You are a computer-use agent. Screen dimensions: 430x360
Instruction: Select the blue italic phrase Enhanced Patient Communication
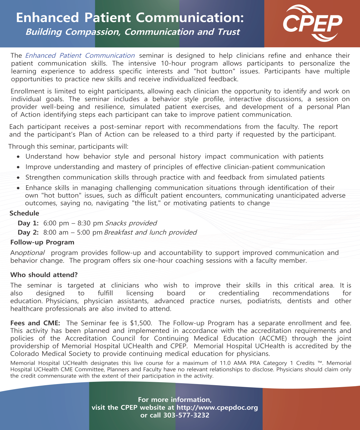[x=80, y=56]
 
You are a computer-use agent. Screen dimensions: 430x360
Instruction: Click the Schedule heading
[x=24, y=213]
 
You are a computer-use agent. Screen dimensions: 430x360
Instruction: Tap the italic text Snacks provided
[x=131, y=223]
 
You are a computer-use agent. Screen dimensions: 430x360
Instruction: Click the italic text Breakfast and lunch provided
[x=150, y=232]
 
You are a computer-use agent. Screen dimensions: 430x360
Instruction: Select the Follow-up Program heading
[x=42, y=242]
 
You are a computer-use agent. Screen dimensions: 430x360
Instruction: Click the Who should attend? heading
[x=44, y=275]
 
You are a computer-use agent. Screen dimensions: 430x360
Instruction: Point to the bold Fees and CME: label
[x=35, y=323]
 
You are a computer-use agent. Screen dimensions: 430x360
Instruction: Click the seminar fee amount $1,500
[x=141, y=323]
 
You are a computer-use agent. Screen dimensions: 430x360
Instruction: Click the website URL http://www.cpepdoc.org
[x=217, y=407]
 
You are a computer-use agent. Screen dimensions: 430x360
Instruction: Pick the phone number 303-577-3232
[x=186, y=415]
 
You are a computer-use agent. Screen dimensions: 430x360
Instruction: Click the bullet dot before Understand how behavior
[x=18, y=157]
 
